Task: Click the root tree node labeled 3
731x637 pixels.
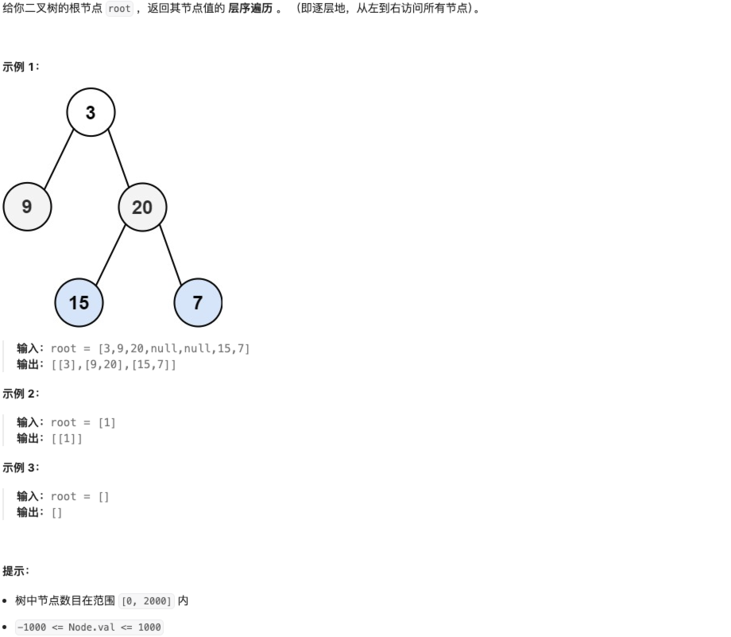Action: pyautogui.click(x=91, y=112)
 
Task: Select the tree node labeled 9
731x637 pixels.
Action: pyautogui.click(x=27, y=207)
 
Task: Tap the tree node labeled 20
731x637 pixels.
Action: pyautogui.click(x=142, y=207)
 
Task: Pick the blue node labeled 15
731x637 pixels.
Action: pyautogui.click(x=79, y=302)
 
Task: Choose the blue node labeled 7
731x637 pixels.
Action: pyautogui.click(x=197, y=302)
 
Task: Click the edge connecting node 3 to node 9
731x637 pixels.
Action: pyautogui.click(x=59, y=159)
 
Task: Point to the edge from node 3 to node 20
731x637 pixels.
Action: pyautogui.click(x=118, y=158)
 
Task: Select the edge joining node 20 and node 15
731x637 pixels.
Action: pyautogui.click(x=110, y=254)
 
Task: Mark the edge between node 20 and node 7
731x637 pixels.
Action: pyautogui.click(x=170, y=254)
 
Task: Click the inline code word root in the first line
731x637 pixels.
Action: pyautogui.click(x=119, y=9)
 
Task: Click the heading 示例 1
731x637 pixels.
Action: pyautogui.click(x=21, y=67)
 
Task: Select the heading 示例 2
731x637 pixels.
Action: pyautogui.click(x=21, y=394)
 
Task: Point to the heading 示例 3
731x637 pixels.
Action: pyautogui.click(x=21, y=468)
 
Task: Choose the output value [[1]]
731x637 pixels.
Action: pyautogui.click(x=67, y=438)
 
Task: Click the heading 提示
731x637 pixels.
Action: pyautogui.click(x=16, y=571)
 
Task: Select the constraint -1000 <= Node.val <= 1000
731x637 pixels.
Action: pyautogui.click(x=89, y=627)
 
